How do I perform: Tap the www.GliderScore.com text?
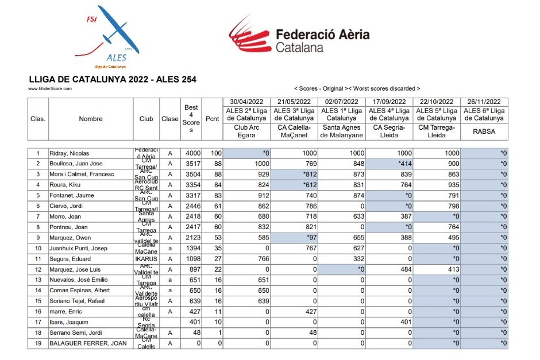click(x=50, y=89)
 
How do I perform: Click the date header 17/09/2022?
click(x=389, y=102)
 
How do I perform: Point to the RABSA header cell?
click(x=484, y=131)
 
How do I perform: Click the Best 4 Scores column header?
click(x=191, y=119)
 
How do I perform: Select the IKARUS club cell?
click(x=146, y=258)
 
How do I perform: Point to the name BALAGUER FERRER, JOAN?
click(x=86, y=343)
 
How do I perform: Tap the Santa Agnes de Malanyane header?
click(x=342, y=131)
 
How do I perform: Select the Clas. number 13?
click(x=38, y=280)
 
